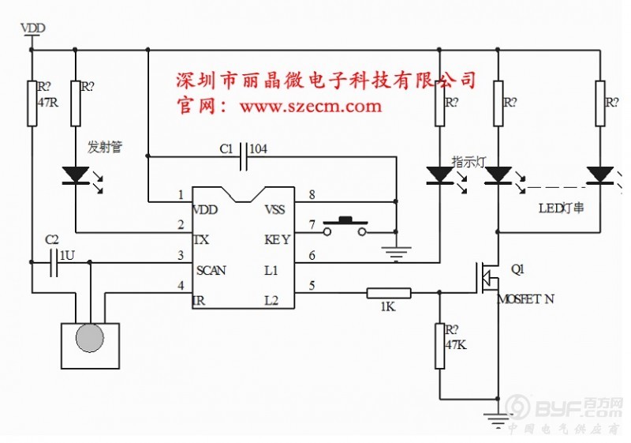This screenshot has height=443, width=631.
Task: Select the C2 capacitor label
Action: (51, 238)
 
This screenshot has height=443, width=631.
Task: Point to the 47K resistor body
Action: (440, 345)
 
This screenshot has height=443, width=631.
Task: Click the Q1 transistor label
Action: (517, 268)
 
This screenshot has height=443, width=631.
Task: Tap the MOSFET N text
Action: (527, 300)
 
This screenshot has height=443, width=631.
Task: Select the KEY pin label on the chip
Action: (277, 239)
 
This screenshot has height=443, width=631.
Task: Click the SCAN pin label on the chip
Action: (211, 270)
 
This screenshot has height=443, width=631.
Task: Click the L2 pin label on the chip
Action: (271, 300)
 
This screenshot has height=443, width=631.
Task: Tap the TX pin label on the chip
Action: (201, 239)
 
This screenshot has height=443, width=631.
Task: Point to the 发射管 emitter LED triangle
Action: (76, 174)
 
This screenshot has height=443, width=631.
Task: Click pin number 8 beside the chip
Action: (312, 194)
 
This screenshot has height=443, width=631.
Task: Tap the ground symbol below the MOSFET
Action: (498, 419)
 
